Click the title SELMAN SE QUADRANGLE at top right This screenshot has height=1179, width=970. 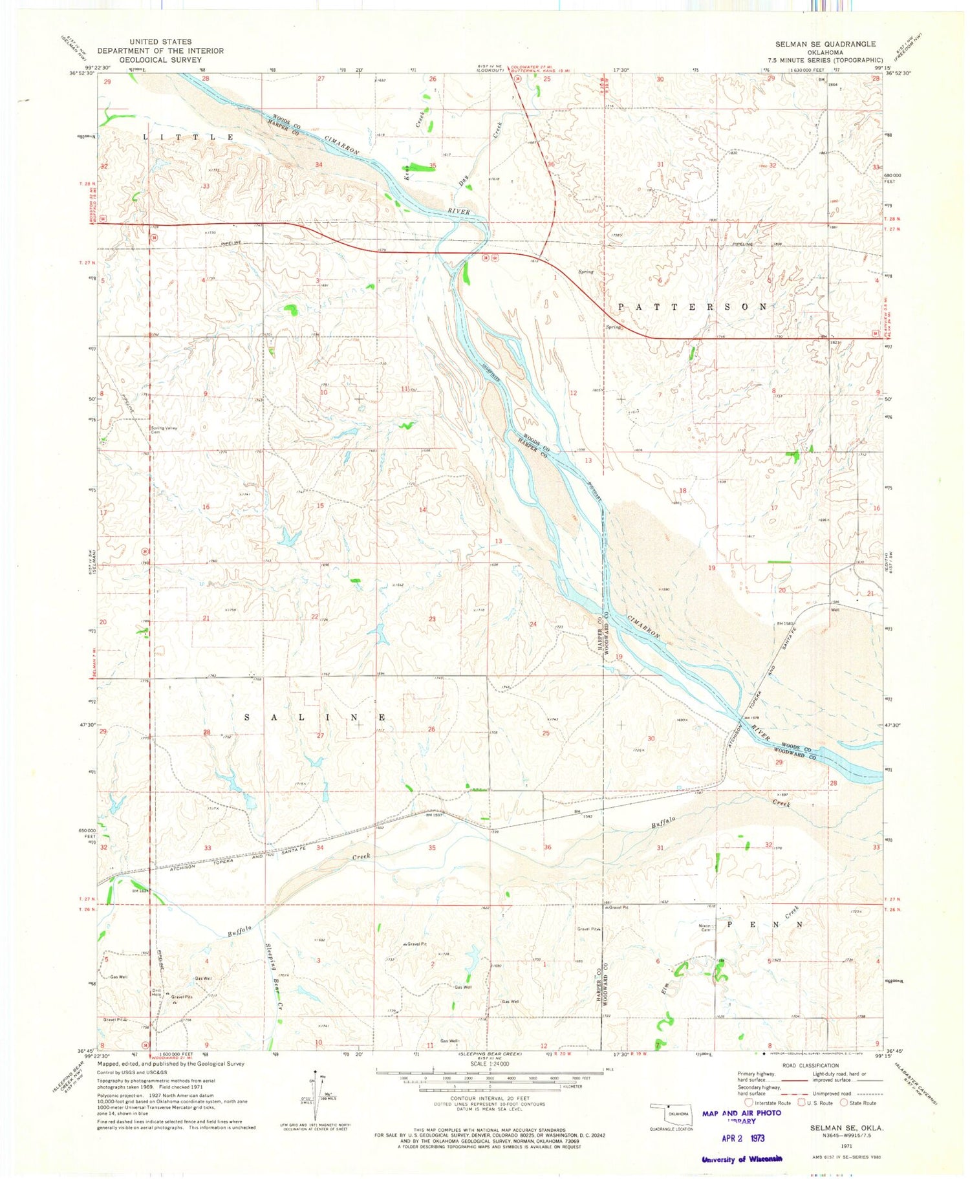click(826, 44)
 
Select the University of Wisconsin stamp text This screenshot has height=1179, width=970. click(742, 1159)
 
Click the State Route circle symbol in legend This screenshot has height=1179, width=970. click(844, 1103)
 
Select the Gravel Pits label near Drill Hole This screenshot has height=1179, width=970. click(182, 997)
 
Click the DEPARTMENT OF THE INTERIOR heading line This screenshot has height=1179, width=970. click(160, 50)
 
